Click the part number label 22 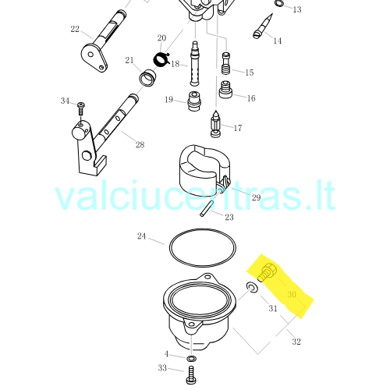75,29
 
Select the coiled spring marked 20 161,59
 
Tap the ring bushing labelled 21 147,78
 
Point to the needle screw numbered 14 263,27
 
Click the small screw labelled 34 81,109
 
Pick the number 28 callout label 140,144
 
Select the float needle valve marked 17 215,124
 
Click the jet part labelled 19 194,101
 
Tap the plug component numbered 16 225,90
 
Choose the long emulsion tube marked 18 195,63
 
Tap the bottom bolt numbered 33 191,374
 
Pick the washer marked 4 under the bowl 191,359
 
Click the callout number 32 296,342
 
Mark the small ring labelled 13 278,4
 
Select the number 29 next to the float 256,197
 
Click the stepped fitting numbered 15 225,63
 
